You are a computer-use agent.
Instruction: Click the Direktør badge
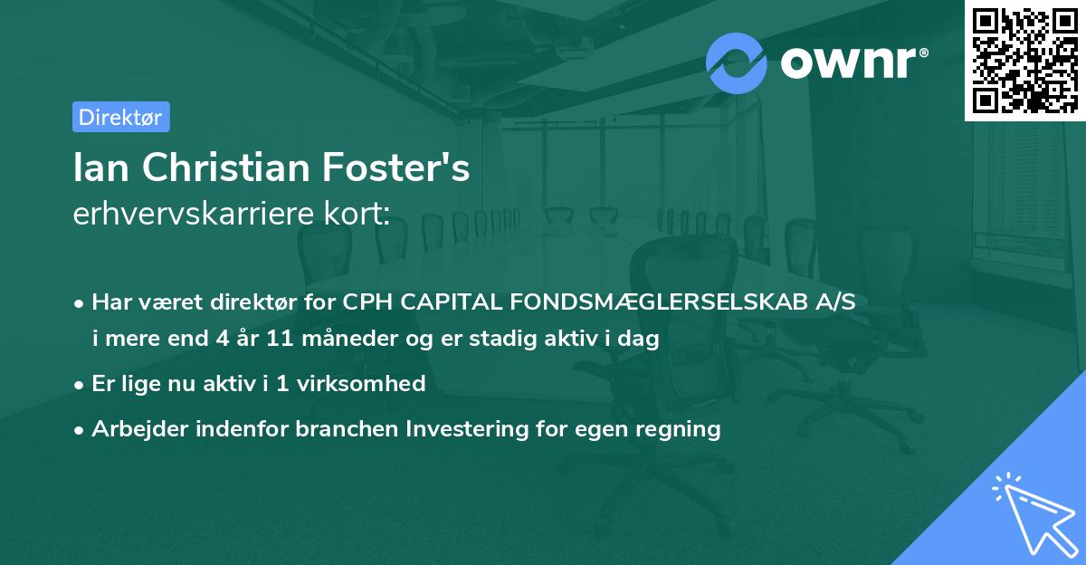[120, 117]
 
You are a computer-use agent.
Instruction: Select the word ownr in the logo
[853, 62]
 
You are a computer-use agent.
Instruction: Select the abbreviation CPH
[361, 302]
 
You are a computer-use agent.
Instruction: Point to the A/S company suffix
[833, 302]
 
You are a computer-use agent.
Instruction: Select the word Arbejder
[134, 429]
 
